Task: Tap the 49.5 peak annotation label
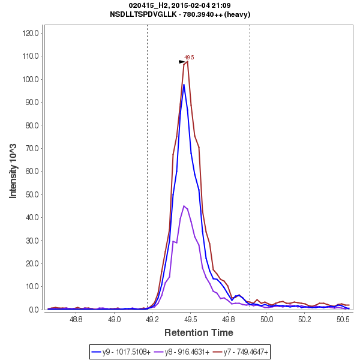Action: (x=189, y=58)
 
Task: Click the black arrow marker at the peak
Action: (x=182, y=62)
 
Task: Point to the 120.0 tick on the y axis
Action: (x=31, y=33)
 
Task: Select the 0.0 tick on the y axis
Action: (x=34, y=310)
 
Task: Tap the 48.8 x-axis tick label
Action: (x=76, y=320)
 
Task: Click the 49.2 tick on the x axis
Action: (x=152, y=320)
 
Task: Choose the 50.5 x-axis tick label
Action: (x=343, y=320)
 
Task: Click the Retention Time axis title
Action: (x=199, y=332)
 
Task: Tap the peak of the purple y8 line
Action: (x=184, y=206)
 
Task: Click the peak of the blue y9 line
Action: (x=184, y=85)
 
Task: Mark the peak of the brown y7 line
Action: (x=188, y=61)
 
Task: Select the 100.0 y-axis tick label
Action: (x=31, y=79)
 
